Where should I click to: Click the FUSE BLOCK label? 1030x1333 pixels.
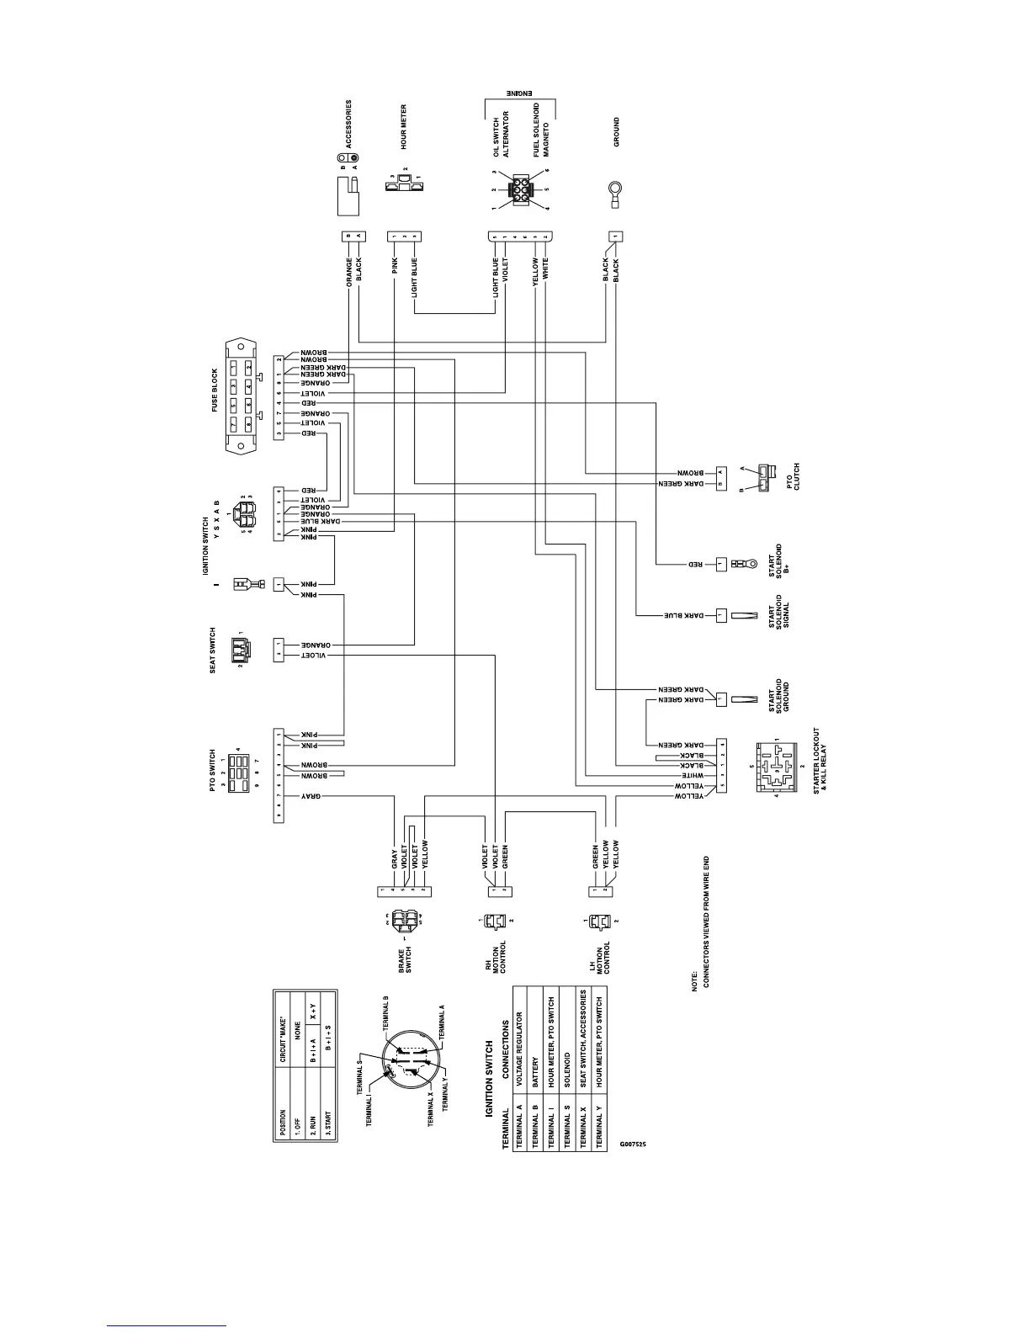tap(215, 390)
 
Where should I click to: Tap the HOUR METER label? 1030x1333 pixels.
tap(404, 127)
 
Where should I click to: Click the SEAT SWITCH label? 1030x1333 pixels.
tap(213, 650)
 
